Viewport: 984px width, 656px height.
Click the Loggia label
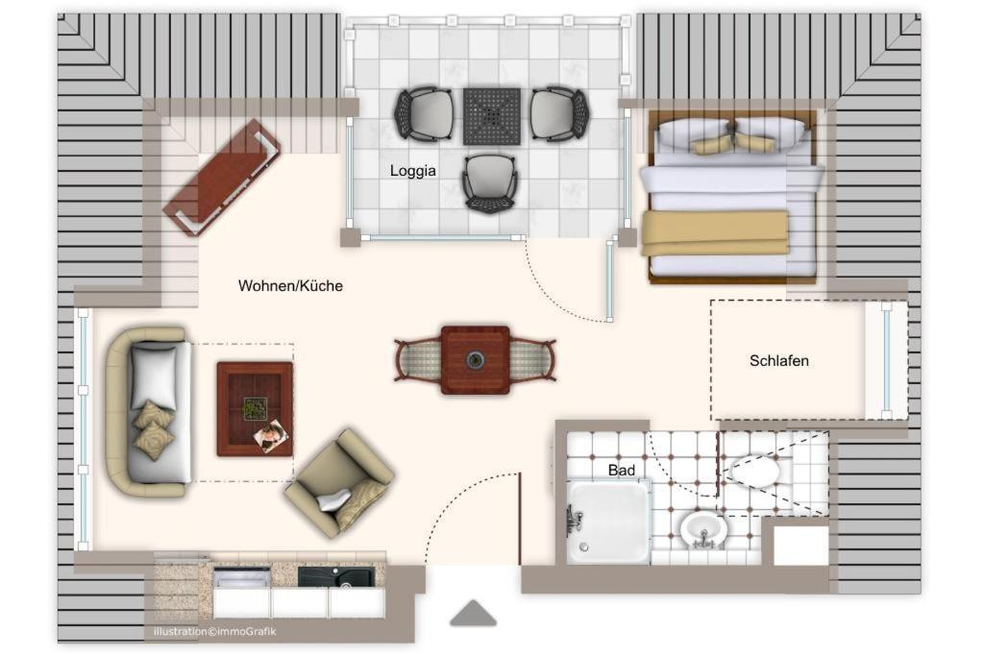(413, 171)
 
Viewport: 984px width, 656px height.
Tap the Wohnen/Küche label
(290, 286)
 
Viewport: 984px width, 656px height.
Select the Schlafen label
(778, 360)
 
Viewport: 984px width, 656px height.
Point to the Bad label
(622, 470)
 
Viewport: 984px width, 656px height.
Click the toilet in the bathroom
(756, 471)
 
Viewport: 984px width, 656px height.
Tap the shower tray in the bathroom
(608, 522)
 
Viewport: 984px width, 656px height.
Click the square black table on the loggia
(492, 116)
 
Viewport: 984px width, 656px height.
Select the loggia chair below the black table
(490, 183)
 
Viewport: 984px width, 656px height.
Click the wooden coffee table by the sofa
(255, 409)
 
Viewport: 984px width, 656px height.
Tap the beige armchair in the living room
(339, 483)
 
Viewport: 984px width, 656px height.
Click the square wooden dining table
(475, 360)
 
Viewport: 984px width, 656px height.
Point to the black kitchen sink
(335, 577)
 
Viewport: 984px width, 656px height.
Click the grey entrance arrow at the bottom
(473, 614)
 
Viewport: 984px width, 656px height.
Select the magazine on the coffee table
(270, 435)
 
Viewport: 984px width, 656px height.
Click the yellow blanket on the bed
(715, 232)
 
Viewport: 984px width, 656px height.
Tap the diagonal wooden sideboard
(222, 178)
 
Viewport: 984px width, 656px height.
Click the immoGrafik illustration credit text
(214, 632)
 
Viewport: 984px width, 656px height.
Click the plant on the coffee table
(254, 408)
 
